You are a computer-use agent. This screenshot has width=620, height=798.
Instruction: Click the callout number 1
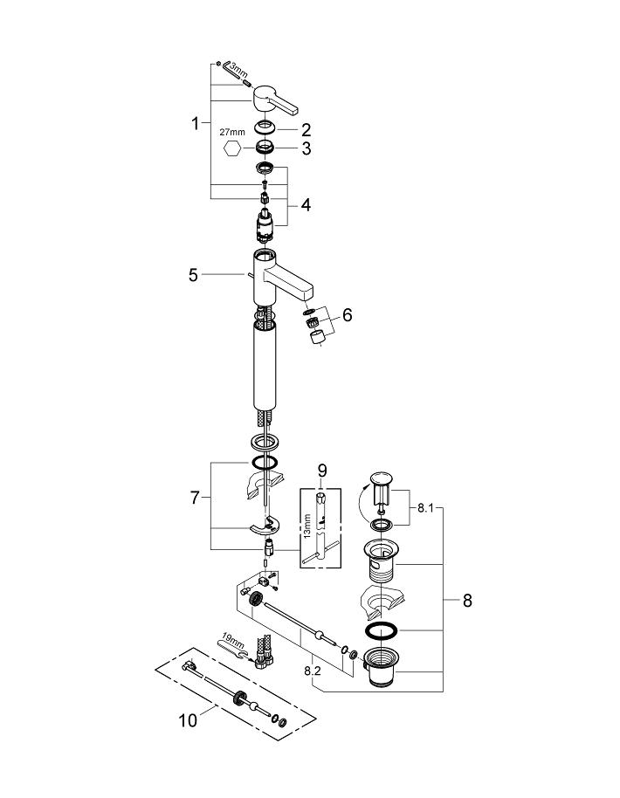196,124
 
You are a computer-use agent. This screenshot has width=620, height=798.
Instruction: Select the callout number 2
306,129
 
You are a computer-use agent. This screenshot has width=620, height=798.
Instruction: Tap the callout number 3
306,149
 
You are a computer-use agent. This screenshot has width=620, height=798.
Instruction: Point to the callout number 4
306,206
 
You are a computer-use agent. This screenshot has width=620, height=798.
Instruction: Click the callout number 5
194,275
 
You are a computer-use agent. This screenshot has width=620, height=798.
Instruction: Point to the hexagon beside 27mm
232,148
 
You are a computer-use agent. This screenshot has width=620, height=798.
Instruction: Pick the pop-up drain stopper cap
382,478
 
